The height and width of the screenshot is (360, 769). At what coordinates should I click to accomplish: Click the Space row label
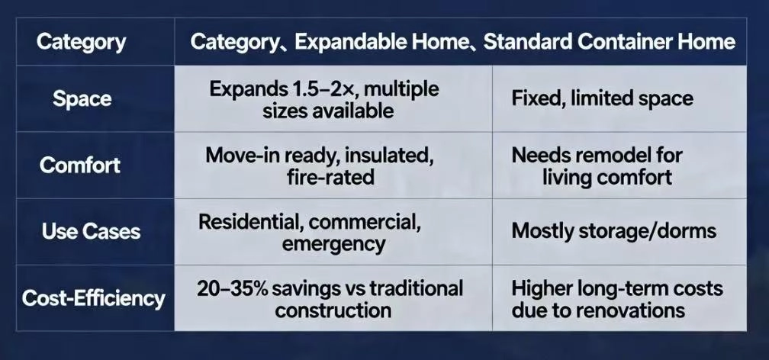tap(82, 99)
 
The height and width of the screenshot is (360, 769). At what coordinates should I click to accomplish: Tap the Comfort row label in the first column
tap(79, 165)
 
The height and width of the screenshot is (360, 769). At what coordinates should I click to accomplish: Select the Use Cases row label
tap(90, 231)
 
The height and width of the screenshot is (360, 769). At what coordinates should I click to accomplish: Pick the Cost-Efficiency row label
tap(93, 297)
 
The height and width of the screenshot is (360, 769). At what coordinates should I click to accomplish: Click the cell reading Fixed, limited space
tap(602, 98)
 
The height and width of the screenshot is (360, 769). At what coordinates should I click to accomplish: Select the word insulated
tap(391, 155)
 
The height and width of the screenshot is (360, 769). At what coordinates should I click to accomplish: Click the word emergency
tap(333, 244)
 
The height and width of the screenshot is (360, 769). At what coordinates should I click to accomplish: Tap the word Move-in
tap(237, 155)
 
